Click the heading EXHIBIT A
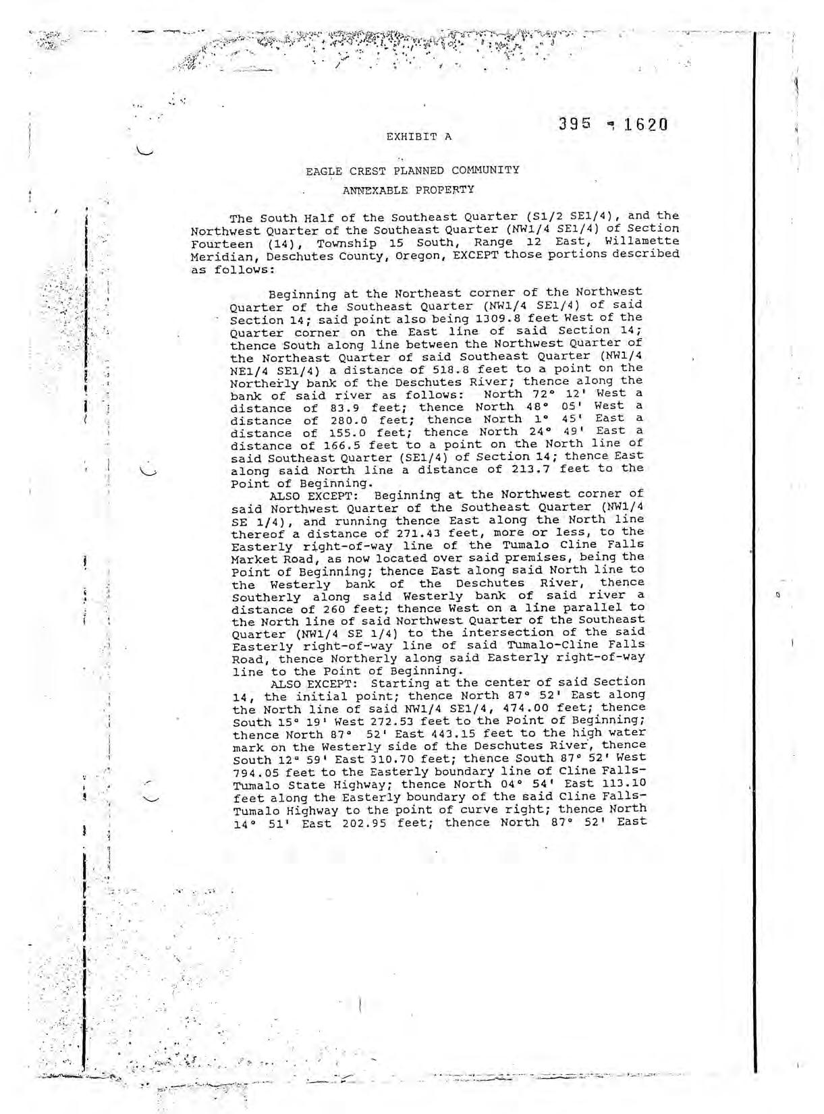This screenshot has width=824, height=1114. click(x=418, y=136)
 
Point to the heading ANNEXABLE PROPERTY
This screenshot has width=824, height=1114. click(x=408, y=190)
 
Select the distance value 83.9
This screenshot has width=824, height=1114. click(x=345, y=408)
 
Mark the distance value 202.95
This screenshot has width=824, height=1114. click(x=358, y=823)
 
